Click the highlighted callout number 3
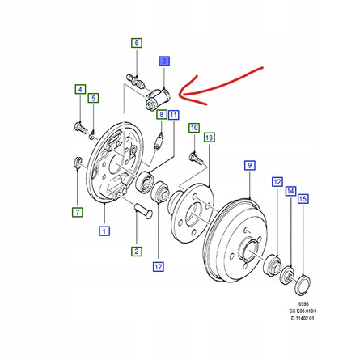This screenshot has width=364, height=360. (164, 61)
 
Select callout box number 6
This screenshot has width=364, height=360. (137, 43)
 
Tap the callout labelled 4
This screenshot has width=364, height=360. (80, 89)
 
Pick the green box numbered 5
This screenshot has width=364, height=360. (93, 98)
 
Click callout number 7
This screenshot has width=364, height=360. (78, 212)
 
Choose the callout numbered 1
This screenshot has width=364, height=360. (104, 231)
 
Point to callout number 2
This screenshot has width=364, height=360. (137, 252)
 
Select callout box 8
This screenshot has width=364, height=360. (162, 115)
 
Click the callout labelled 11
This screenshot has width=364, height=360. (174, 115)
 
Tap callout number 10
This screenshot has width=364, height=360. (194, 128)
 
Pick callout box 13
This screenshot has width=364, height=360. (210, 138)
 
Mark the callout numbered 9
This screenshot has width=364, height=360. (250, 165)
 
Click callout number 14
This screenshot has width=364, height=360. (290, 191)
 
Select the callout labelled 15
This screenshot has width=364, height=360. (303, 199)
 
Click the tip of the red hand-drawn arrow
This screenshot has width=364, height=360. (180, 95)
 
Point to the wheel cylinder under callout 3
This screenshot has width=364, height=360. (157, 99)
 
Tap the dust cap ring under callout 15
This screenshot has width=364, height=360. (303, 285)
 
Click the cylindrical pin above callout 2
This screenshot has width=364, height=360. (144, 211)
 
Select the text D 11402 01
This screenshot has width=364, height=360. (303, 318)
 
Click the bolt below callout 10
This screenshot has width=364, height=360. (197, 157)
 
